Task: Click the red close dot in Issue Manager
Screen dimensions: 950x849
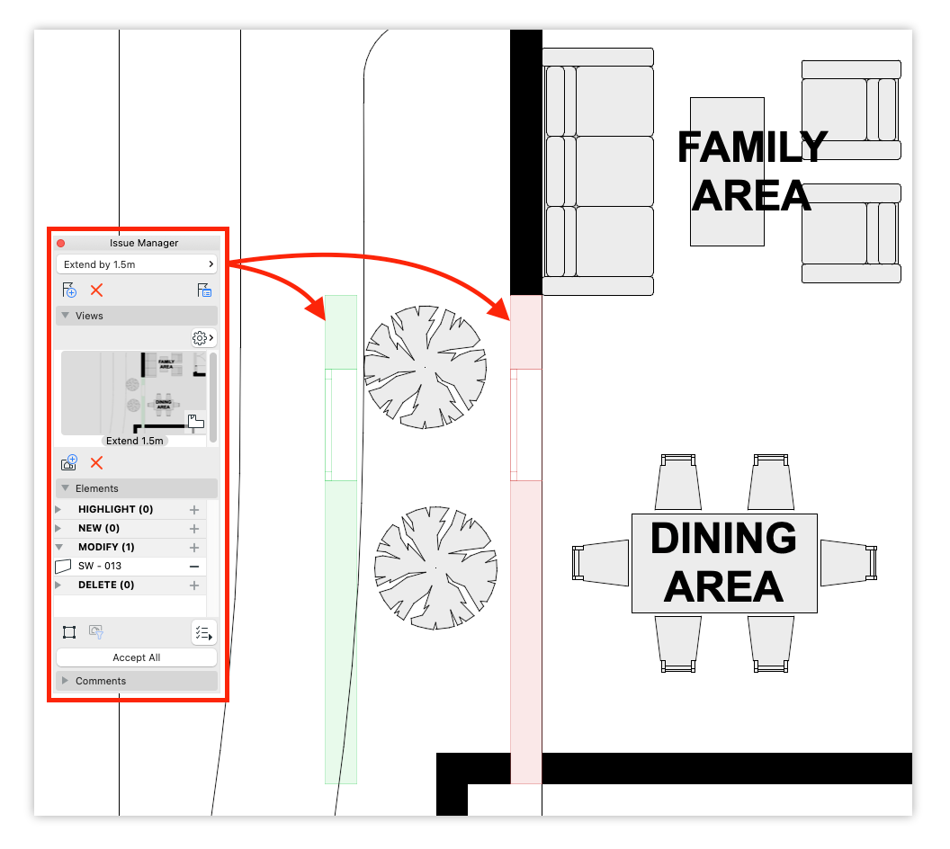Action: pos(60,244)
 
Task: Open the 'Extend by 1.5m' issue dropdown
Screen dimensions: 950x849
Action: pos(137,264)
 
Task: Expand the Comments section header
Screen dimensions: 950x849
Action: pos(137,681)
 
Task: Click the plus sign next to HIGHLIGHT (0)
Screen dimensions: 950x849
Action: pos(194,510)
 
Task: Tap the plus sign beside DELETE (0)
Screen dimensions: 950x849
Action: pos(194,585)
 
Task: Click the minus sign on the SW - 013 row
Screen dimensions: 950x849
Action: pos(194,567)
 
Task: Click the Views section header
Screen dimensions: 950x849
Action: pos(137,316)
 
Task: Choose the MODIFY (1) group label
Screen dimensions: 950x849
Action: pos(106,548)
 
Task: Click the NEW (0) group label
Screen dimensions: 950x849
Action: pos(99,529)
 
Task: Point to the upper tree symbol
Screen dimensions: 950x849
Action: pos(425,368)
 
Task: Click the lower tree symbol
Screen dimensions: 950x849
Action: pos(435,568)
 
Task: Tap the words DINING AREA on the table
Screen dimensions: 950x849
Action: pos(723,563)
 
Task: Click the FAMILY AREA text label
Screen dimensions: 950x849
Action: pos(752,172)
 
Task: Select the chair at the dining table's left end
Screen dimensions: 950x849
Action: pos(600,563)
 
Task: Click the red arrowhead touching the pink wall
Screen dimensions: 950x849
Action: pos(500,308)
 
